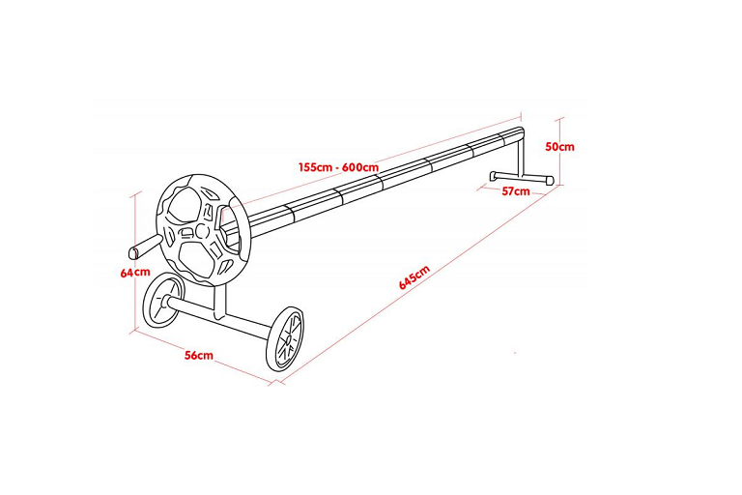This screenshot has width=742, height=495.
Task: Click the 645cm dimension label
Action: pos(414,277)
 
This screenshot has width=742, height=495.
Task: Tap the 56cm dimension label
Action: pos(199,355)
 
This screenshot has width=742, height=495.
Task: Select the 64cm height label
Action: pos(135,273)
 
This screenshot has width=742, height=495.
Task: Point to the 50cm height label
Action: pos(559,146)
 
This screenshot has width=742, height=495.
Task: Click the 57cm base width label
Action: pos(516,191)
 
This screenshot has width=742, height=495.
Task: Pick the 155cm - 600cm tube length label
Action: pos(338,167)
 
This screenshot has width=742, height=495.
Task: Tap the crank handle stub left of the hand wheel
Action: pos(147,246)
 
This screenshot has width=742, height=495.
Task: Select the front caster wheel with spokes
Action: pos(285,338)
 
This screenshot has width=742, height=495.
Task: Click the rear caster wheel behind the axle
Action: pos(161,301)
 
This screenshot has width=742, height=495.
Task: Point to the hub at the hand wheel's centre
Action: pos(202,231)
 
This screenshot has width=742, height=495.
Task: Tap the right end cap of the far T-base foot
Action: pos(550,181)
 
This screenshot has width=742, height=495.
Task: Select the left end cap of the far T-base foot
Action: pos(493,175)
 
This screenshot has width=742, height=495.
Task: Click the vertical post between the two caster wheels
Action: pos(220,303)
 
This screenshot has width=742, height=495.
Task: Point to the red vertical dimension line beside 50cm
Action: pos(561,152)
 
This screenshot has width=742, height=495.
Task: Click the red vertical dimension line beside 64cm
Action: pos(136,261)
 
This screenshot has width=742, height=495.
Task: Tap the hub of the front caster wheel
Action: pos(286,339)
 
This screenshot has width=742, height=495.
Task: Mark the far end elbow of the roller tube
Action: pos(520,133)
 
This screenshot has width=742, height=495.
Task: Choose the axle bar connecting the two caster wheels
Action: pos(221,317)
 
